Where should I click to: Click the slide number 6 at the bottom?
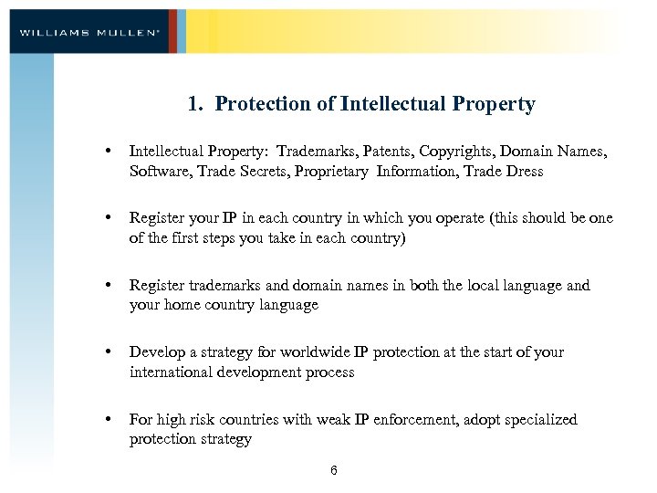click(334, 470)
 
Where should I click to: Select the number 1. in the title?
click(195, 104)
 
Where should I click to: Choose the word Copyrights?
click(472, 151)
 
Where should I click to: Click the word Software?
click(159, 171)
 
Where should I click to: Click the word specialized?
click(537, 420)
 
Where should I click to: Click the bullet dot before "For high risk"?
click(109, 420)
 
